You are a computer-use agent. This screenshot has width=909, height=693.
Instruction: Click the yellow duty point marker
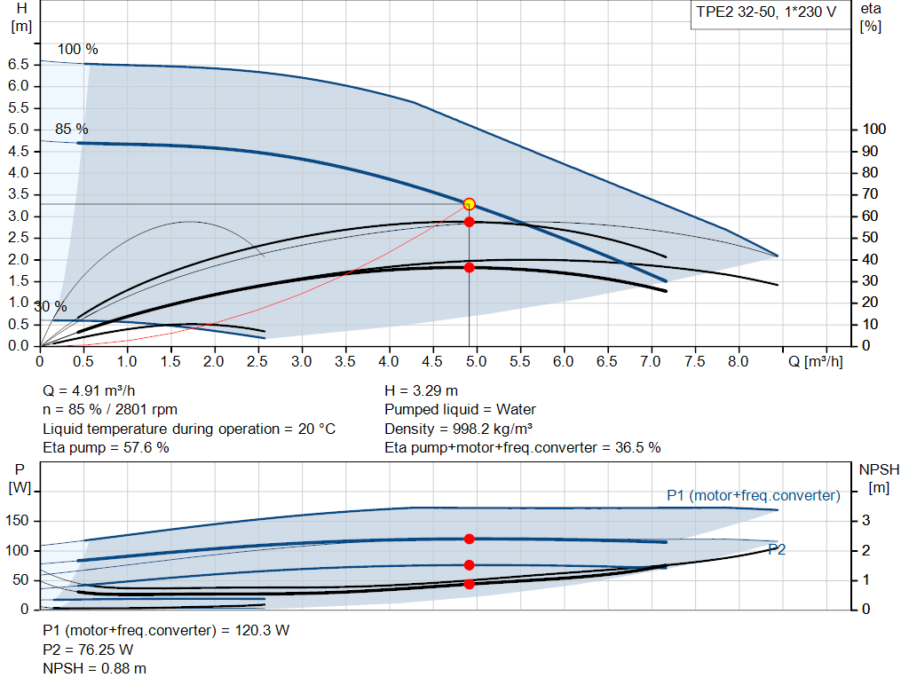469,204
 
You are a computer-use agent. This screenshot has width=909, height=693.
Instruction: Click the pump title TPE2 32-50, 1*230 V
765,14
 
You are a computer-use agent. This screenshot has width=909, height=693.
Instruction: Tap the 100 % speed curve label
78,49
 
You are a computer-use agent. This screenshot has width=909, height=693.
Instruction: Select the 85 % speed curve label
72,130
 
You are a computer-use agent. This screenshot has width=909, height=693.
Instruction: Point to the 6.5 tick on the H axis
19,64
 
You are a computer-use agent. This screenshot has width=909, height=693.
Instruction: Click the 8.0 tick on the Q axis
739,362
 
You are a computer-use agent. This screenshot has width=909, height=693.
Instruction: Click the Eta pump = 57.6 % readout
106,447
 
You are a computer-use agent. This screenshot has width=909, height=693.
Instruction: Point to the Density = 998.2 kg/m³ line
458,429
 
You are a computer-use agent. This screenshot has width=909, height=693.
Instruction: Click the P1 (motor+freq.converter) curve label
753,495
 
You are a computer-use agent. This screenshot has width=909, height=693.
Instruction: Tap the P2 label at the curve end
777,550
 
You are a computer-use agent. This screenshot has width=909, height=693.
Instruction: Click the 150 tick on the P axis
19,521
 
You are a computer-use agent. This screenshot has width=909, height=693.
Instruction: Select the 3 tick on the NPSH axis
866,521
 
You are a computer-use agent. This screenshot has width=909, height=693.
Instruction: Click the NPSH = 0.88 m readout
95,668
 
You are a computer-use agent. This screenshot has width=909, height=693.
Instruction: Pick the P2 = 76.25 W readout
88,650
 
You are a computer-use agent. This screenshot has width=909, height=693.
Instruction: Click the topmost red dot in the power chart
469,539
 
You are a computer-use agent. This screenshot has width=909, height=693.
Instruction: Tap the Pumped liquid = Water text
460,410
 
